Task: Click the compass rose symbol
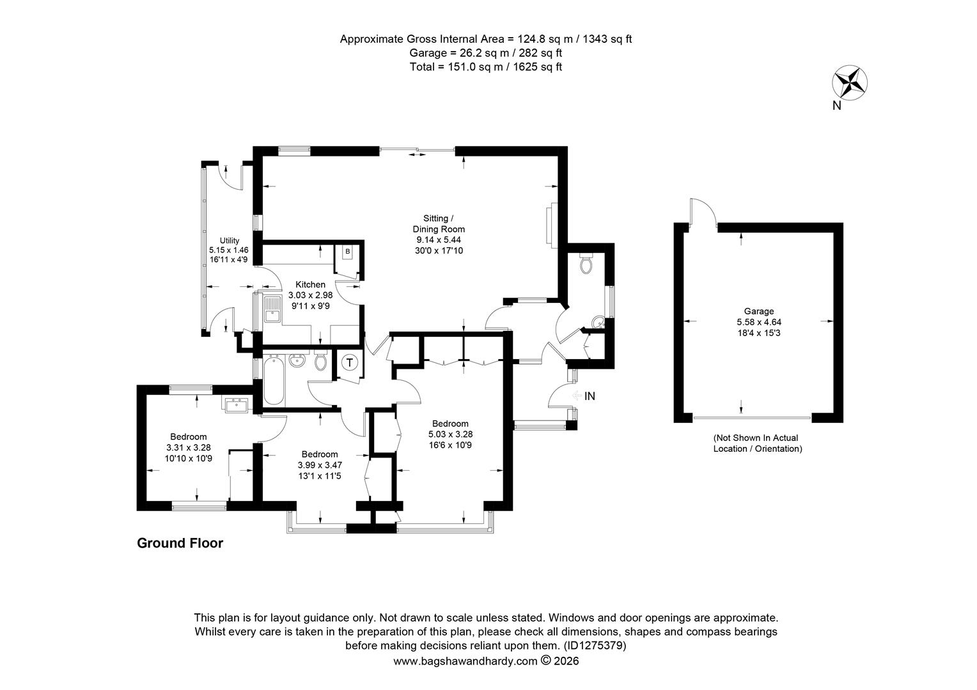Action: tap(848, 83)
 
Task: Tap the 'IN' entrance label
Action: tap(590, 396)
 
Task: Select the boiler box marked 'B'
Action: tap(347, 252)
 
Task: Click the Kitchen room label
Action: tap(310, 284)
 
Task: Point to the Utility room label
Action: tap(229, 240)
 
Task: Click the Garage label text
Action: tap(758, 312)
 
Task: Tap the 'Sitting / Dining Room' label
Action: tap(439, 224)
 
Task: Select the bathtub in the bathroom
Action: tap(273, 381)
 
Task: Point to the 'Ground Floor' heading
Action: tap(180, 544)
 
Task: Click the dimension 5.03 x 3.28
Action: tap(451, 434)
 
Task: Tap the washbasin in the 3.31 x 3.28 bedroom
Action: tap(237, 404)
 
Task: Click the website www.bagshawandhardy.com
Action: tap(465, 662)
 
